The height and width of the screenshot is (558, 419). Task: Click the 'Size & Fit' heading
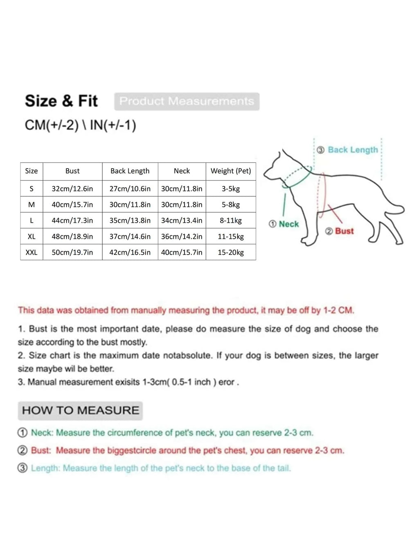click(61, 101)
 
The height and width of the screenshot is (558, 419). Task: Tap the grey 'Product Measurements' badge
click(187, 101)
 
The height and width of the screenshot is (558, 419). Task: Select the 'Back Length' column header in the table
click(130, 171)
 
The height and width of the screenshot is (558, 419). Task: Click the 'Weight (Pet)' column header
click(231, 171)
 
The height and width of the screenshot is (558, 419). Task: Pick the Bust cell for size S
click(72, 189)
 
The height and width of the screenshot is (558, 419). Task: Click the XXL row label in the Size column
click(32, 252)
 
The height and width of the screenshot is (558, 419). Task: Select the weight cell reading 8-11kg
click(231, 220)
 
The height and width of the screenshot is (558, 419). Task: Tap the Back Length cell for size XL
click(130, 236)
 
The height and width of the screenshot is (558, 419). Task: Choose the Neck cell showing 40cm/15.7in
click(182, 252)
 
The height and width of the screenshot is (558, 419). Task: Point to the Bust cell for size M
click(72, 205)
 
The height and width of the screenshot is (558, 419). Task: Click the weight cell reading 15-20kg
click(231, 252)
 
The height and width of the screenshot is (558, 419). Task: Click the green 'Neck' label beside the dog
click(288, 224)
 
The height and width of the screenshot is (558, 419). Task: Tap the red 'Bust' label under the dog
click(344, 231)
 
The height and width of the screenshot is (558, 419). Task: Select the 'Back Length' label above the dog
click(353, 150)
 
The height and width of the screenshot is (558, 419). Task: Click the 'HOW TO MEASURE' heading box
click(80, 410)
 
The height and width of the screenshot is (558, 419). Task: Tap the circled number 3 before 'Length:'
click(23, 468)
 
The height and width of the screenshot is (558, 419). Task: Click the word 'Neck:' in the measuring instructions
click(43, 433)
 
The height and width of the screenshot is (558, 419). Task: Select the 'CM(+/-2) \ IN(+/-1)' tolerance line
click(80, 125)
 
